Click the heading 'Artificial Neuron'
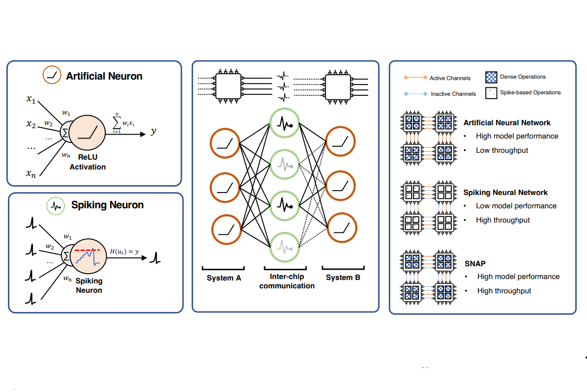(x=104, y=76)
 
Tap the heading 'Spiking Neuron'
(x=107, y=205)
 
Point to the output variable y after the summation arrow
(x=153, y=132)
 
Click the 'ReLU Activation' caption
(x=87, y=163)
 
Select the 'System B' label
(x=343, y=278)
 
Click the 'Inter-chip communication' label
(x=287, y=281)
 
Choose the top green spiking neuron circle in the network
(x=284, y=123)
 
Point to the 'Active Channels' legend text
(x=450, y=78)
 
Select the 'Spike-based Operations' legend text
(x=530, y=92)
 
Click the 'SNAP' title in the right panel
(x=474, y=263)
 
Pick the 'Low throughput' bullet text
(x=502, y=150)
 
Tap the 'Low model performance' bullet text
(x=516, y=206)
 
